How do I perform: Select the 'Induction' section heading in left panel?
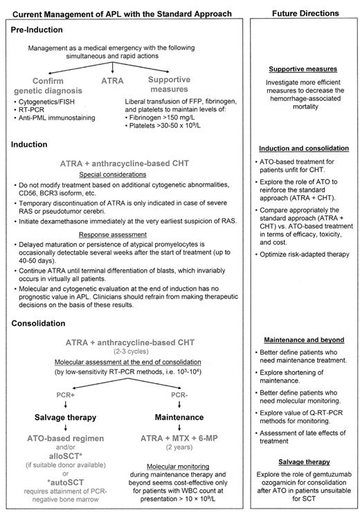[30, 145]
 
